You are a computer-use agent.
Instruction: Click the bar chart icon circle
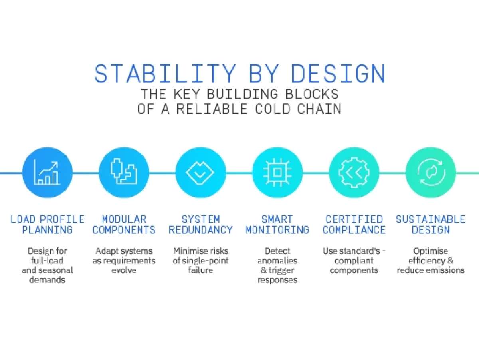pyautogui.click(x=47, y=173)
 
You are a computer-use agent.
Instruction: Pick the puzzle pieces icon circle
pyautogui.click(x=124, y=173)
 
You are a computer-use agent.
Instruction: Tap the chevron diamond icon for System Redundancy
pyautogui.click(x=200, y=173)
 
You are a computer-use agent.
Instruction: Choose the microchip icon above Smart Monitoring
pyautogui.click(x=277, y=173)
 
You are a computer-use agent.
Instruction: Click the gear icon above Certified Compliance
pyautogui.click(x=354, y=173)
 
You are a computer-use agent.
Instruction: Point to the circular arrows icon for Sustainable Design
pyautogui.click(x=430, y=173)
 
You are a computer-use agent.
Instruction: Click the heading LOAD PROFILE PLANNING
pyautogui.click(x=48, y=225)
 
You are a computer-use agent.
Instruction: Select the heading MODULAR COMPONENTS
pyautogui.click(x=124, y=225)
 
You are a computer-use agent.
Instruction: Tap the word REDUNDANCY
pyautogui.click(x=200, y=230)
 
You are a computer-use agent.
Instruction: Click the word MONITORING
pyautogui.click(x=277, y=230)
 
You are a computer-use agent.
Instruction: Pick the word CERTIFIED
pyautogui.click(x=354, y=219)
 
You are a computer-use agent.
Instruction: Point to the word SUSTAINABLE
pyautogui.click(x=430, y=219)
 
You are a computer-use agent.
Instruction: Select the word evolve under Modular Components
pyautogui.click(x=124, y=270)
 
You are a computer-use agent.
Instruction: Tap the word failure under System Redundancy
pyautogui.click(x=200, y=270)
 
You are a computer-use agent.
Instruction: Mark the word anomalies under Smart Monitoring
pyautogui.click(x=277, y=261)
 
